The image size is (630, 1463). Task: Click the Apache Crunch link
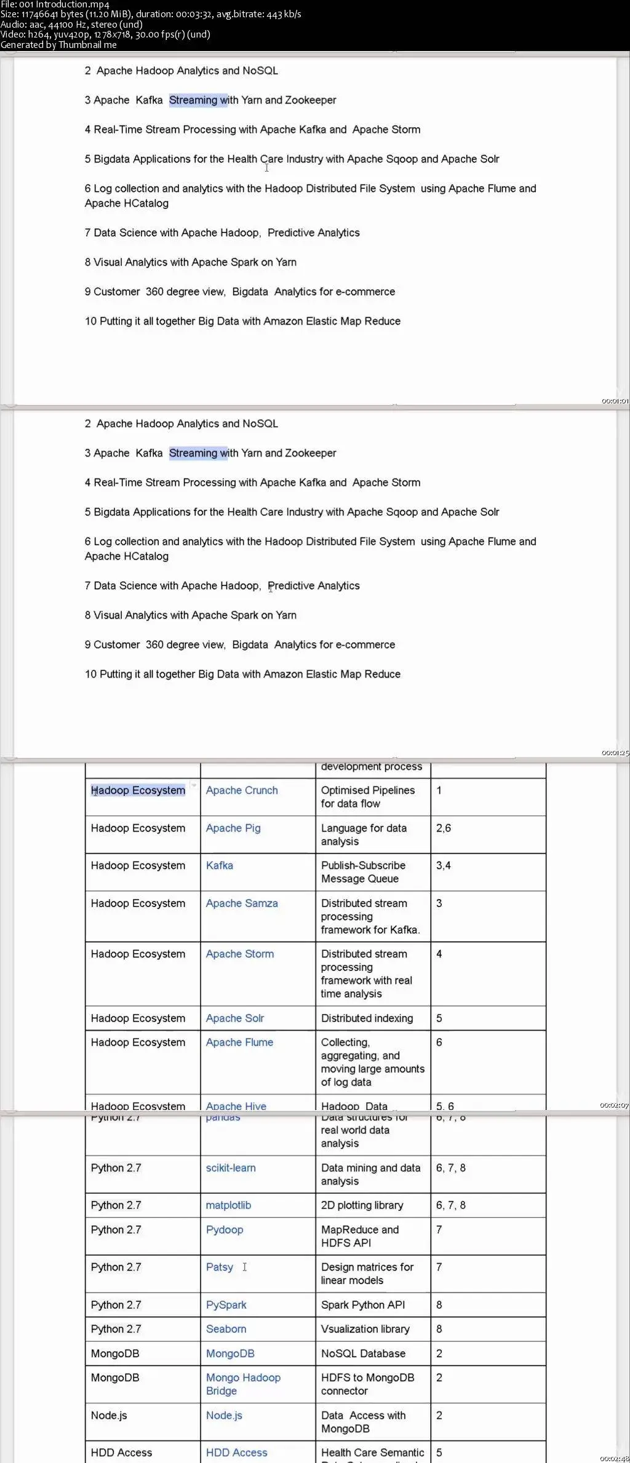(x=242, y=790)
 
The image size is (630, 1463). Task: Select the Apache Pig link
(x=233, y=828)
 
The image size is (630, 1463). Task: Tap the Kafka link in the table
(x=220, y=865)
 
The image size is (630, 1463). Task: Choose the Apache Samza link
(x=242, y=903)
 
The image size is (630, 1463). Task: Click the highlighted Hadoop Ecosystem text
(x=138, y=790)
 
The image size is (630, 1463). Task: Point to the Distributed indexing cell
(x=367, y=1018)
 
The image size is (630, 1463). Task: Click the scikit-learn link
(x=231, y=1168)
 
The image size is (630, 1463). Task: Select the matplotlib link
(x=228, y=1205)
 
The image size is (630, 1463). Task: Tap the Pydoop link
(x=225, y=1229)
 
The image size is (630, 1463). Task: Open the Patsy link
(x=220, y=1267)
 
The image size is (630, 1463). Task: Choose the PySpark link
(x=226, y=1304)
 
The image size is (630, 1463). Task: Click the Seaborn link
(x=226, y=1328)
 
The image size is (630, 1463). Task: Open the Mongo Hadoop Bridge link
(x=243, y=1384)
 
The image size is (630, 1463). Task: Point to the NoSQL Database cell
(x=363, y=1353)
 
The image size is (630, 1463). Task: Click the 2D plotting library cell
(x=362, y=1205)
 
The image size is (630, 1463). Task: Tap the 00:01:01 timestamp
(x=615, y=401)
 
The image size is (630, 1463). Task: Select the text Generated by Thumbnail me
(x=58, y=45)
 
